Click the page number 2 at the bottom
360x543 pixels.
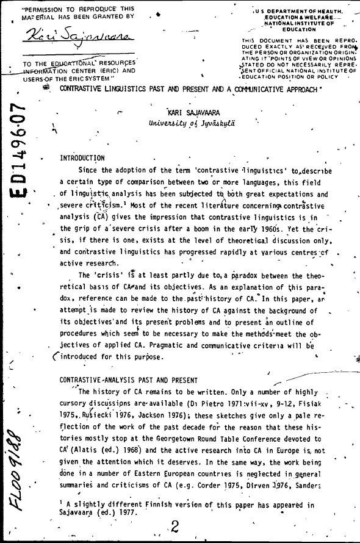[x=175, y=526]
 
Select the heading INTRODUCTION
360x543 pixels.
[x=82, y=158]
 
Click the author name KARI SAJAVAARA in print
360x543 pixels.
[x=192, y=112]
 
